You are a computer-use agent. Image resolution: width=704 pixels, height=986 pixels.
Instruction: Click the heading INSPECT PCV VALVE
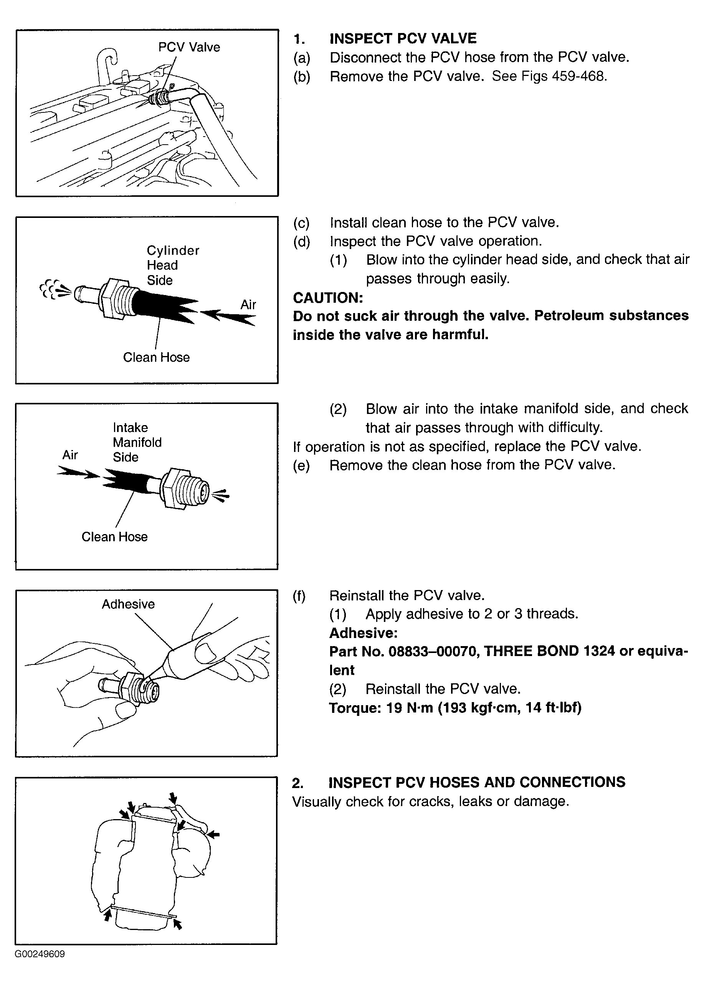tap(403, 38)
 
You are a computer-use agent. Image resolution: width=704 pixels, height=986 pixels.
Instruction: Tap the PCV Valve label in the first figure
tap(189, 47)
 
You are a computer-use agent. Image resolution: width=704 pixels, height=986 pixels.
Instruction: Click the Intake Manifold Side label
tap(137, 442)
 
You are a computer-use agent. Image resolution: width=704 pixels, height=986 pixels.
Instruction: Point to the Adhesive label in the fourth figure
tap(128, 604)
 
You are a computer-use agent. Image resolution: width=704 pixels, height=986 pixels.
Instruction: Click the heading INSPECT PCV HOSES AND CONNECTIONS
tap(477, 782)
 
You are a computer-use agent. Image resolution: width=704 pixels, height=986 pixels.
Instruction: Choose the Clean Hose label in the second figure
tap(157, 358)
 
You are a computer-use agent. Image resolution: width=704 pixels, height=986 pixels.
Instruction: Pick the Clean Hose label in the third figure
tap(114, 537)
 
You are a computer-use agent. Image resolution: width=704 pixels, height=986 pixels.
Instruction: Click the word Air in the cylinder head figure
tap(248, 305)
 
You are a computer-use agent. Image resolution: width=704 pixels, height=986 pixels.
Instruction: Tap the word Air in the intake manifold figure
tap(70, 455)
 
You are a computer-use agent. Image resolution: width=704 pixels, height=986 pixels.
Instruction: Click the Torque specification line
tap(455, 707)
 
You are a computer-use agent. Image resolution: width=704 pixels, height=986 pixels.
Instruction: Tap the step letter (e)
tap(301, 465)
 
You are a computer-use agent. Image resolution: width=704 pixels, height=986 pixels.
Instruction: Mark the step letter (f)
tap(299, 596)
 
